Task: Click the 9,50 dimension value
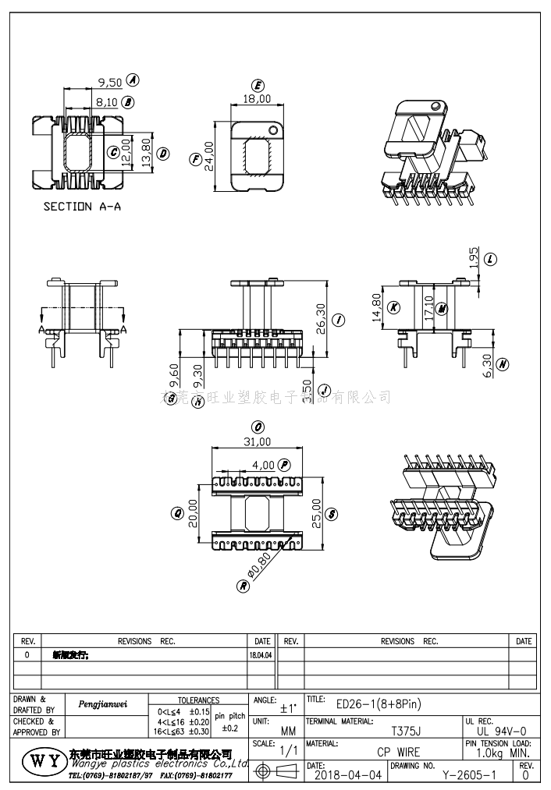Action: tap(108, 82)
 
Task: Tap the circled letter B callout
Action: tap(129, 102)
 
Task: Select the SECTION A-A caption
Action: tap(82, 207)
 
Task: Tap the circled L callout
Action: tap(491, 260)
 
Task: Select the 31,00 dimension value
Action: tap(257, 441)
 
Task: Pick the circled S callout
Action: tap(332, 514)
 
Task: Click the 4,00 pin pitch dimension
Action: tap(262, 465)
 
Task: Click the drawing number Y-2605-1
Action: tap(469, 776)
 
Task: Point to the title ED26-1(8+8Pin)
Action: tap(379, 704)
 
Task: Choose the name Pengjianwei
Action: tap(103, 704)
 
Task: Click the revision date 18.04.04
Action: tap(261, 656)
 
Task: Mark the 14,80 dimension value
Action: tap(377, 308)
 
